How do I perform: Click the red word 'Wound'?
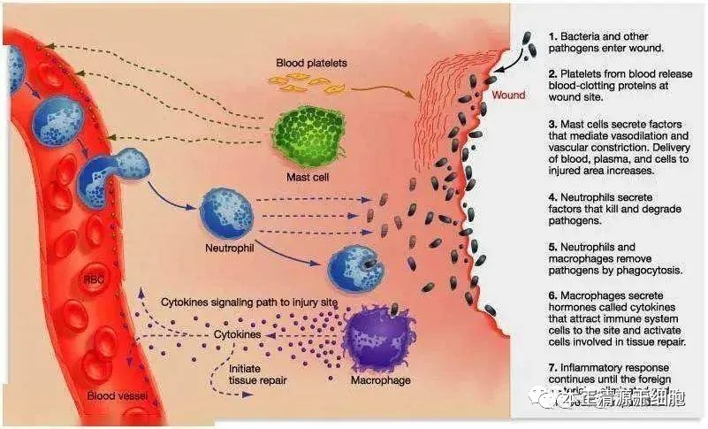(508, 95)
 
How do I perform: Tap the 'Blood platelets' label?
(311, 64)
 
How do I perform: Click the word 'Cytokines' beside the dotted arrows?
(238, 336)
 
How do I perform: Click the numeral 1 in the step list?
(552, 36)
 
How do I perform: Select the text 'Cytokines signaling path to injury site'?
(250, 303)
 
